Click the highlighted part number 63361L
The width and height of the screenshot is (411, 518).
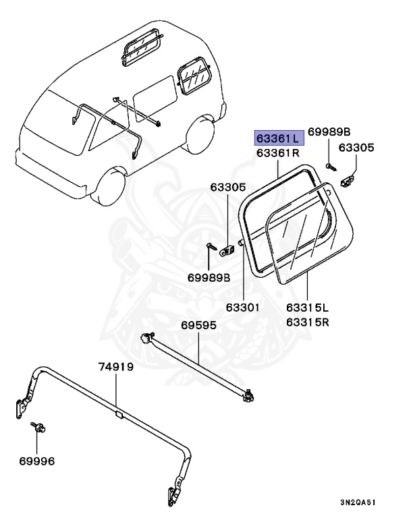(278, 138)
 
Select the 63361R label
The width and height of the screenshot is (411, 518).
(277, 154)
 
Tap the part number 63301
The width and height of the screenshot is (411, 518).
(242, 308)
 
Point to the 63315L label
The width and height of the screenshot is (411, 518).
(307, 308)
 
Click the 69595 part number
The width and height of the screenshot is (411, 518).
(198, 325)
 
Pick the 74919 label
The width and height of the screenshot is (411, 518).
(116, 368)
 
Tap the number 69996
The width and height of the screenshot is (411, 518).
(36, 461)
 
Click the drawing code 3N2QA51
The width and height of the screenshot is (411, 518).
(358, 502)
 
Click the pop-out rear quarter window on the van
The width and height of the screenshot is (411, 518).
(191, 76)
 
